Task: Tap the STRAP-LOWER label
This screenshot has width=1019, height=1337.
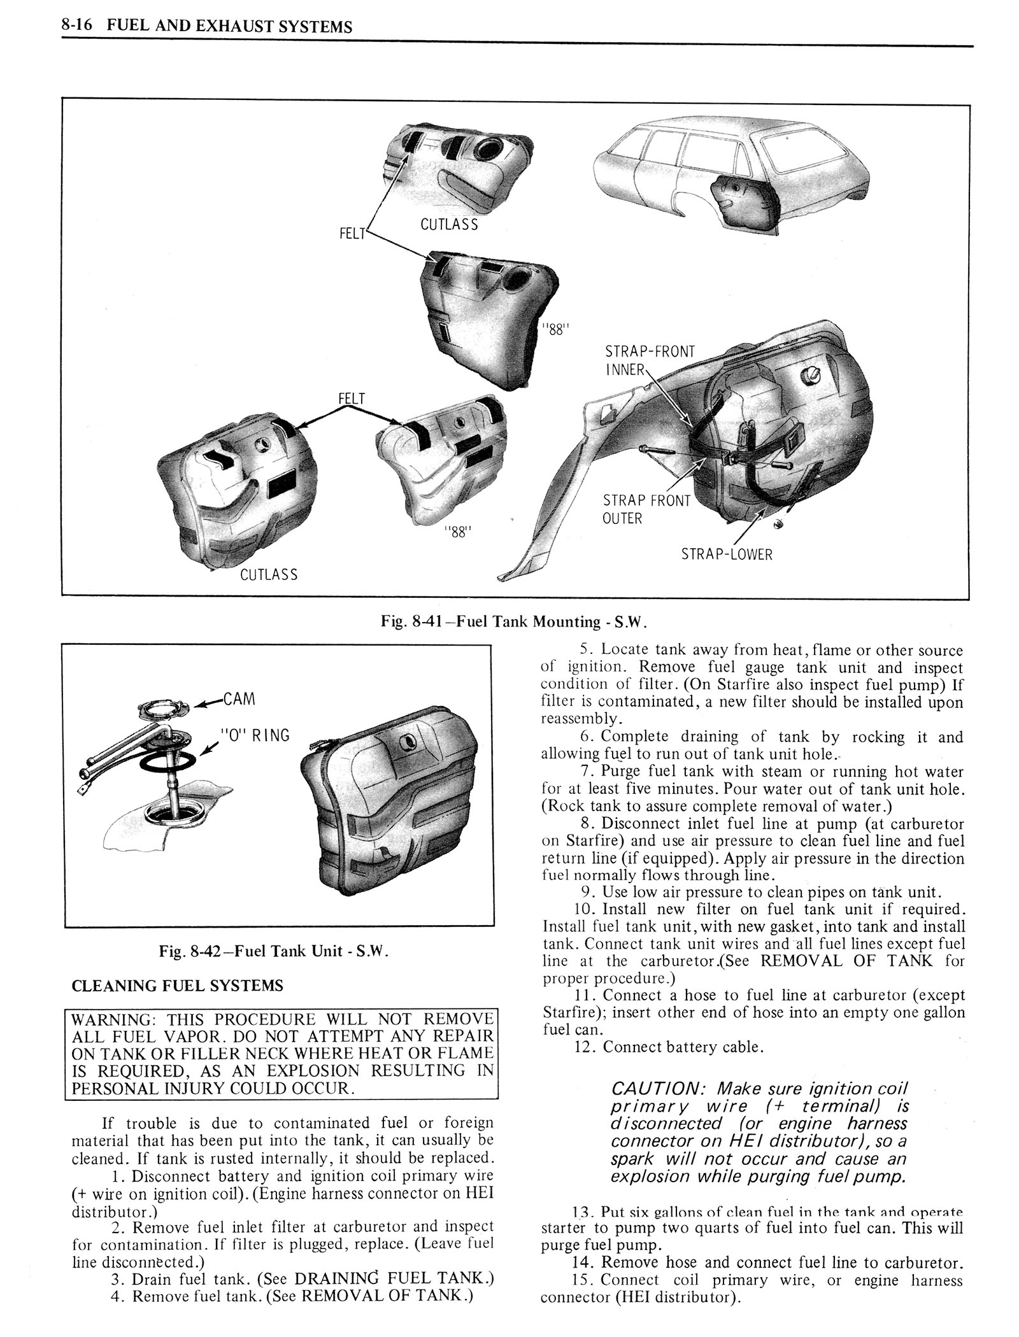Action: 726,554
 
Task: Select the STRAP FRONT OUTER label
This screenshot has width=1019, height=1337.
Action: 646,509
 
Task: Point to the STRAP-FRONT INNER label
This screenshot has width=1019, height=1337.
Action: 650,360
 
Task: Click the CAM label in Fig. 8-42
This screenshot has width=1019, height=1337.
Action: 238,699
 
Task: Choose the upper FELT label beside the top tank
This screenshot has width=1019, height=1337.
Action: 352,233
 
